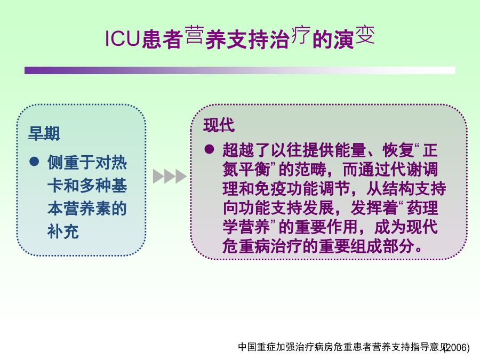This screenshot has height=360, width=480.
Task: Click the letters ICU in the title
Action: tap(122, 38)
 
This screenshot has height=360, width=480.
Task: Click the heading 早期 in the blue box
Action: tap(44, 133)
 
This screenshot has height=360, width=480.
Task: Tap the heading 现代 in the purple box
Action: tap(219, 125)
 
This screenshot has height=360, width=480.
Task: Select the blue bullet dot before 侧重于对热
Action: tap(34, 161)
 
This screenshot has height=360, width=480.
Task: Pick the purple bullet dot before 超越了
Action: tap(210, 149)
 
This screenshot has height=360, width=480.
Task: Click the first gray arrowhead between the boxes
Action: tap(158, 177)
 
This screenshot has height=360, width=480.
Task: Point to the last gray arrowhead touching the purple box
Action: tap(181, 177)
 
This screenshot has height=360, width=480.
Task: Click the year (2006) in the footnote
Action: tap(457, 347)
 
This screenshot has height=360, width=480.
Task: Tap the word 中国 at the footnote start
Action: tap(247, 347)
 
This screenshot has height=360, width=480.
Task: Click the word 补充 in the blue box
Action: tap(63, 231)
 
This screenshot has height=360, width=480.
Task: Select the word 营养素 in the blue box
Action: tap(87, 209)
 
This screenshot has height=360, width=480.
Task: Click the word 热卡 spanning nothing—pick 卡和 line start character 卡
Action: tap(55, 186)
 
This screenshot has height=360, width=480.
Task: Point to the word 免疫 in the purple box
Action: tap(270, 189)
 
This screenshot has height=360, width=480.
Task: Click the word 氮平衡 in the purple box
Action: tap(246, 169)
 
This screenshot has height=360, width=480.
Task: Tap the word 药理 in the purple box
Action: tap(422, 208)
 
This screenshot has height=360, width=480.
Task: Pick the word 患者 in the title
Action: tap(163, 39)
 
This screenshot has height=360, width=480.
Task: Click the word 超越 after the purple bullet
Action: tap(238, 150)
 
